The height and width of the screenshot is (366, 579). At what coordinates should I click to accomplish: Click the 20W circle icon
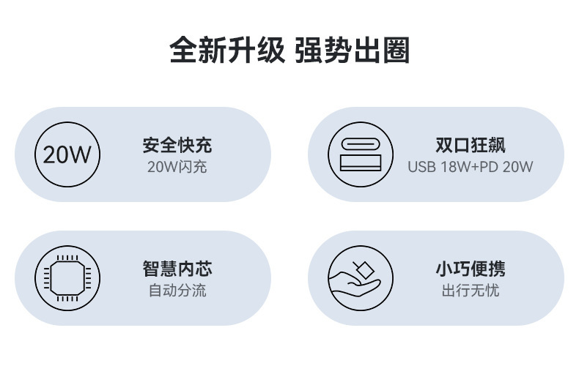(67, 154)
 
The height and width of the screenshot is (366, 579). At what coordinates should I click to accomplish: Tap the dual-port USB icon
(360, 154)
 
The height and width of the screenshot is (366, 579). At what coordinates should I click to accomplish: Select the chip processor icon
(67, 278)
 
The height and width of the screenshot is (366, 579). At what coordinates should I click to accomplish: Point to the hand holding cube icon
(360, 278)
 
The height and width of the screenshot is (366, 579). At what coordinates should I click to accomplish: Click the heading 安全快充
(177, 144)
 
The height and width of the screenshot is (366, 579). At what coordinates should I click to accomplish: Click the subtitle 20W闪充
(177, 167)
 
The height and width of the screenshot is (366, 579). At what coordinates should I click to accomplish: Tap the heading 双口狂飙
(471, 144)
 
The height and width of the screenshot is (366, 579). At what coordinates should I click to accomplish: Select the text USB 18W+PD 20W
(471, 167)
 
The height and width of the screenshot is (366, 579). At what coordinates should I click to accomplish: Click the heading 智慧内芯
(177, 268)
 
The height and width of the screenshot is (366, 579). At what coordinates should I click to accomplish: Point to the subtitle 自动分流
(177, 291)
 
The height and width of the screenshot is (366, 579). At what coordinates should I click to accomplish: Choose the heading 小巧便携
(471, 268)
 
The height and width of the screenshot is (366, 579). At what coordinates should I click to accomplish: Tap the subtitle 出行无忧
(471, 291)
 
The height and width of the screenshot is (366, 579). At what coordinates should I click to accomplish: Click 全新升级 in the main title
(226, 51)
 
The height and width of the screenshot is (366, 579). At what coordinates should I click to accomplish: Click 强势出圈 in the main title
(352, 51)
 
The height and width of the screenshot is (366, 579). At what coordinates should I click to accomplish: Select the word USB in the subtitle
(422, 167)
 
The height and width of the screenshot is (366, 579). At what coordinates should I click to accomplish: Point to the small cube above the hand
(361, 267)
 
